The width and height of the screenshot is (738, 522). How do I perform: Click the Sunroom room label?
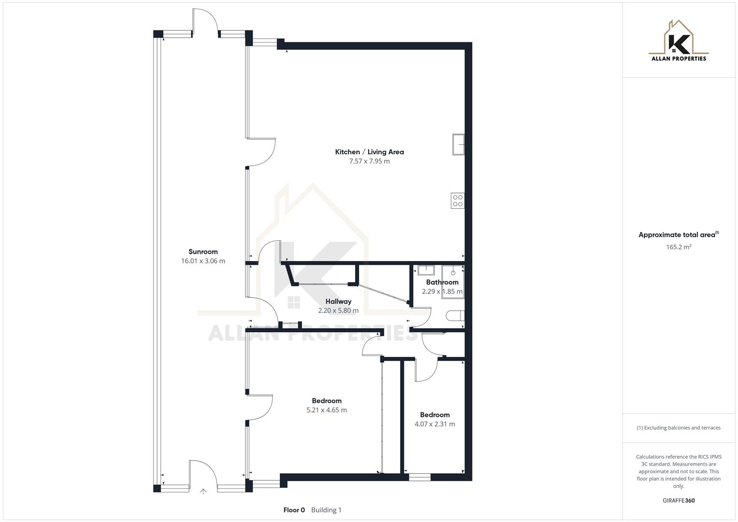(203, 251)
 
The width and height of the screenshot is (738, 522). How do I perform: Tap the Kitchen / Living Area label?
(369, 152)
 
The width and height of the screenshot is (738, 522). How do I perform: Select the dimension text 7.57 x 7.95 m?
(369, 161)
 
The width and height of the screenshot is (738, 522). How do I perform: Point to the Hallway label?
(338, 301)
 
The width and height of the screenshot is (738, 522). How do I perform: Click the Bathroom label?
(442, 282)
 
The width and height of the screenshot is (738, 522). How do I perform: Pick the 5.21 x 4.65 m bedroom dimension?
(327, 410)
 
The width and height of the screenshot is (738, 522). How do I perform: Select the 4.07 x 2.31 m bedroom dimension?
(434, 424)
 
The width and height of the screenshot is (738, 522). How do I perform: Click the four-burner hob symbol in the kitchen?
(457, 201)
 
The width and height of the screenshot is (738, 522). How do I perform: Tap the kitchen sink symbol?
(458, 145)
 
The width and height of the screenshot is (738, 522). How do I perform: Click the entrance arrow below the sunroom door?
(203, 492)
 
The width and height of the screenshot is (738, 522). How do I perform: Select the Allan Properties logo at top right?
(679, 41)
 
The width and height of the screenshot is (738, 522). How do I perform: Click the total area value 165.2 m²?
(679, 247)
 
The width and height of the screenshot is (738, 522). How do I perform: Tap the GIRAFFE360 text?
(679, 500)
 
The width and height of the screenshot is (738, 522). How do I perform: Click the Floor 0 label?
(294, 510)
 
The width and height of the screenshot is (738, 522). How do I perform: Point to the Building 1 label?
(326, 510)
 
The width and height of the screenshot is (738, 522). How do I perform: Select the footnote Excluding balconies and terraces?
(679, 428)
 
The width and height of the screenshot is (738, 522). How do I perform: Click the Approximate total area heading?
(678, 235)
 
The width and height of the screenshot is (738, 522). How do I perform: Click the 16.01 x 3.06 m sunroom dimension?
(203, 261)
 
